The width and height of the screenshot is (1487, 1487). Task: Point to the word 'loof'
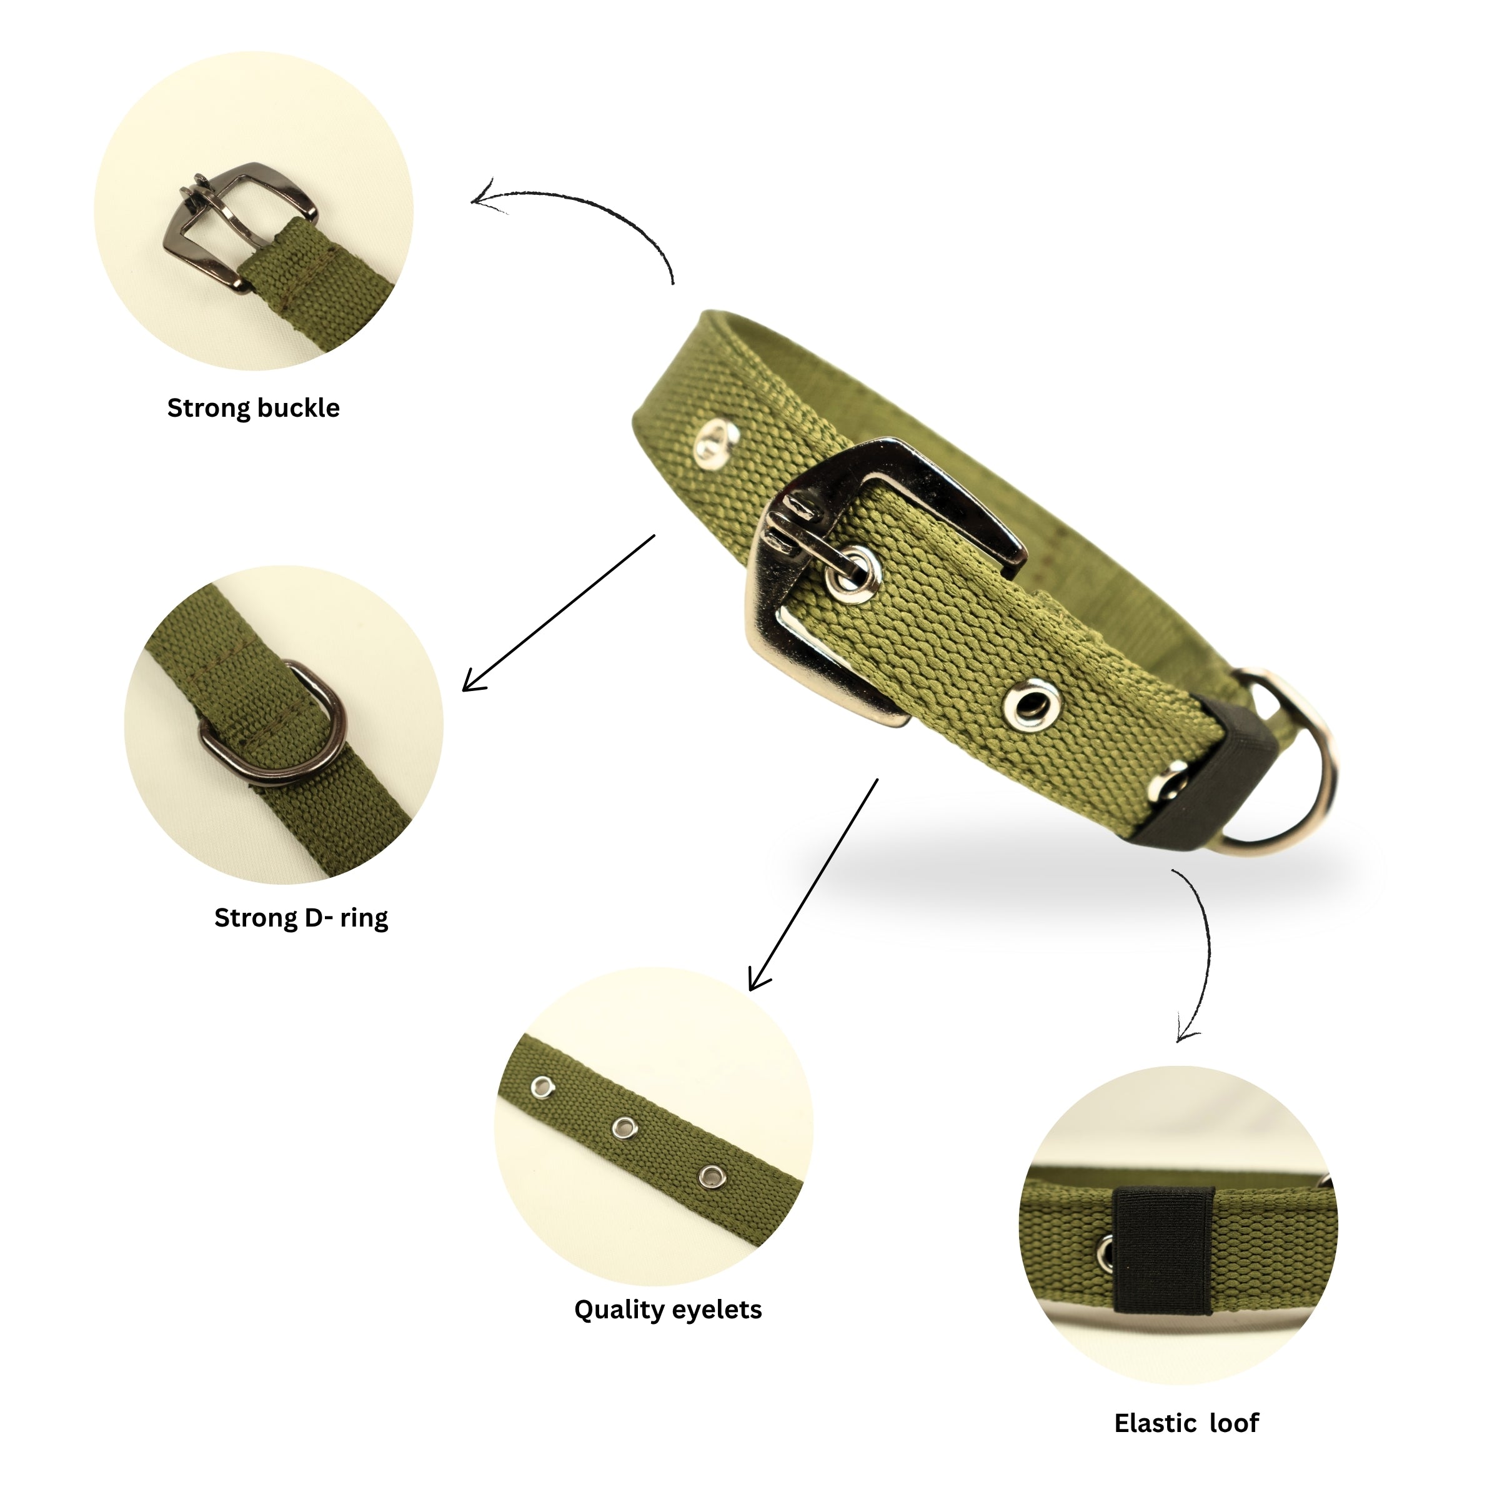pos(1234,1424)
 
